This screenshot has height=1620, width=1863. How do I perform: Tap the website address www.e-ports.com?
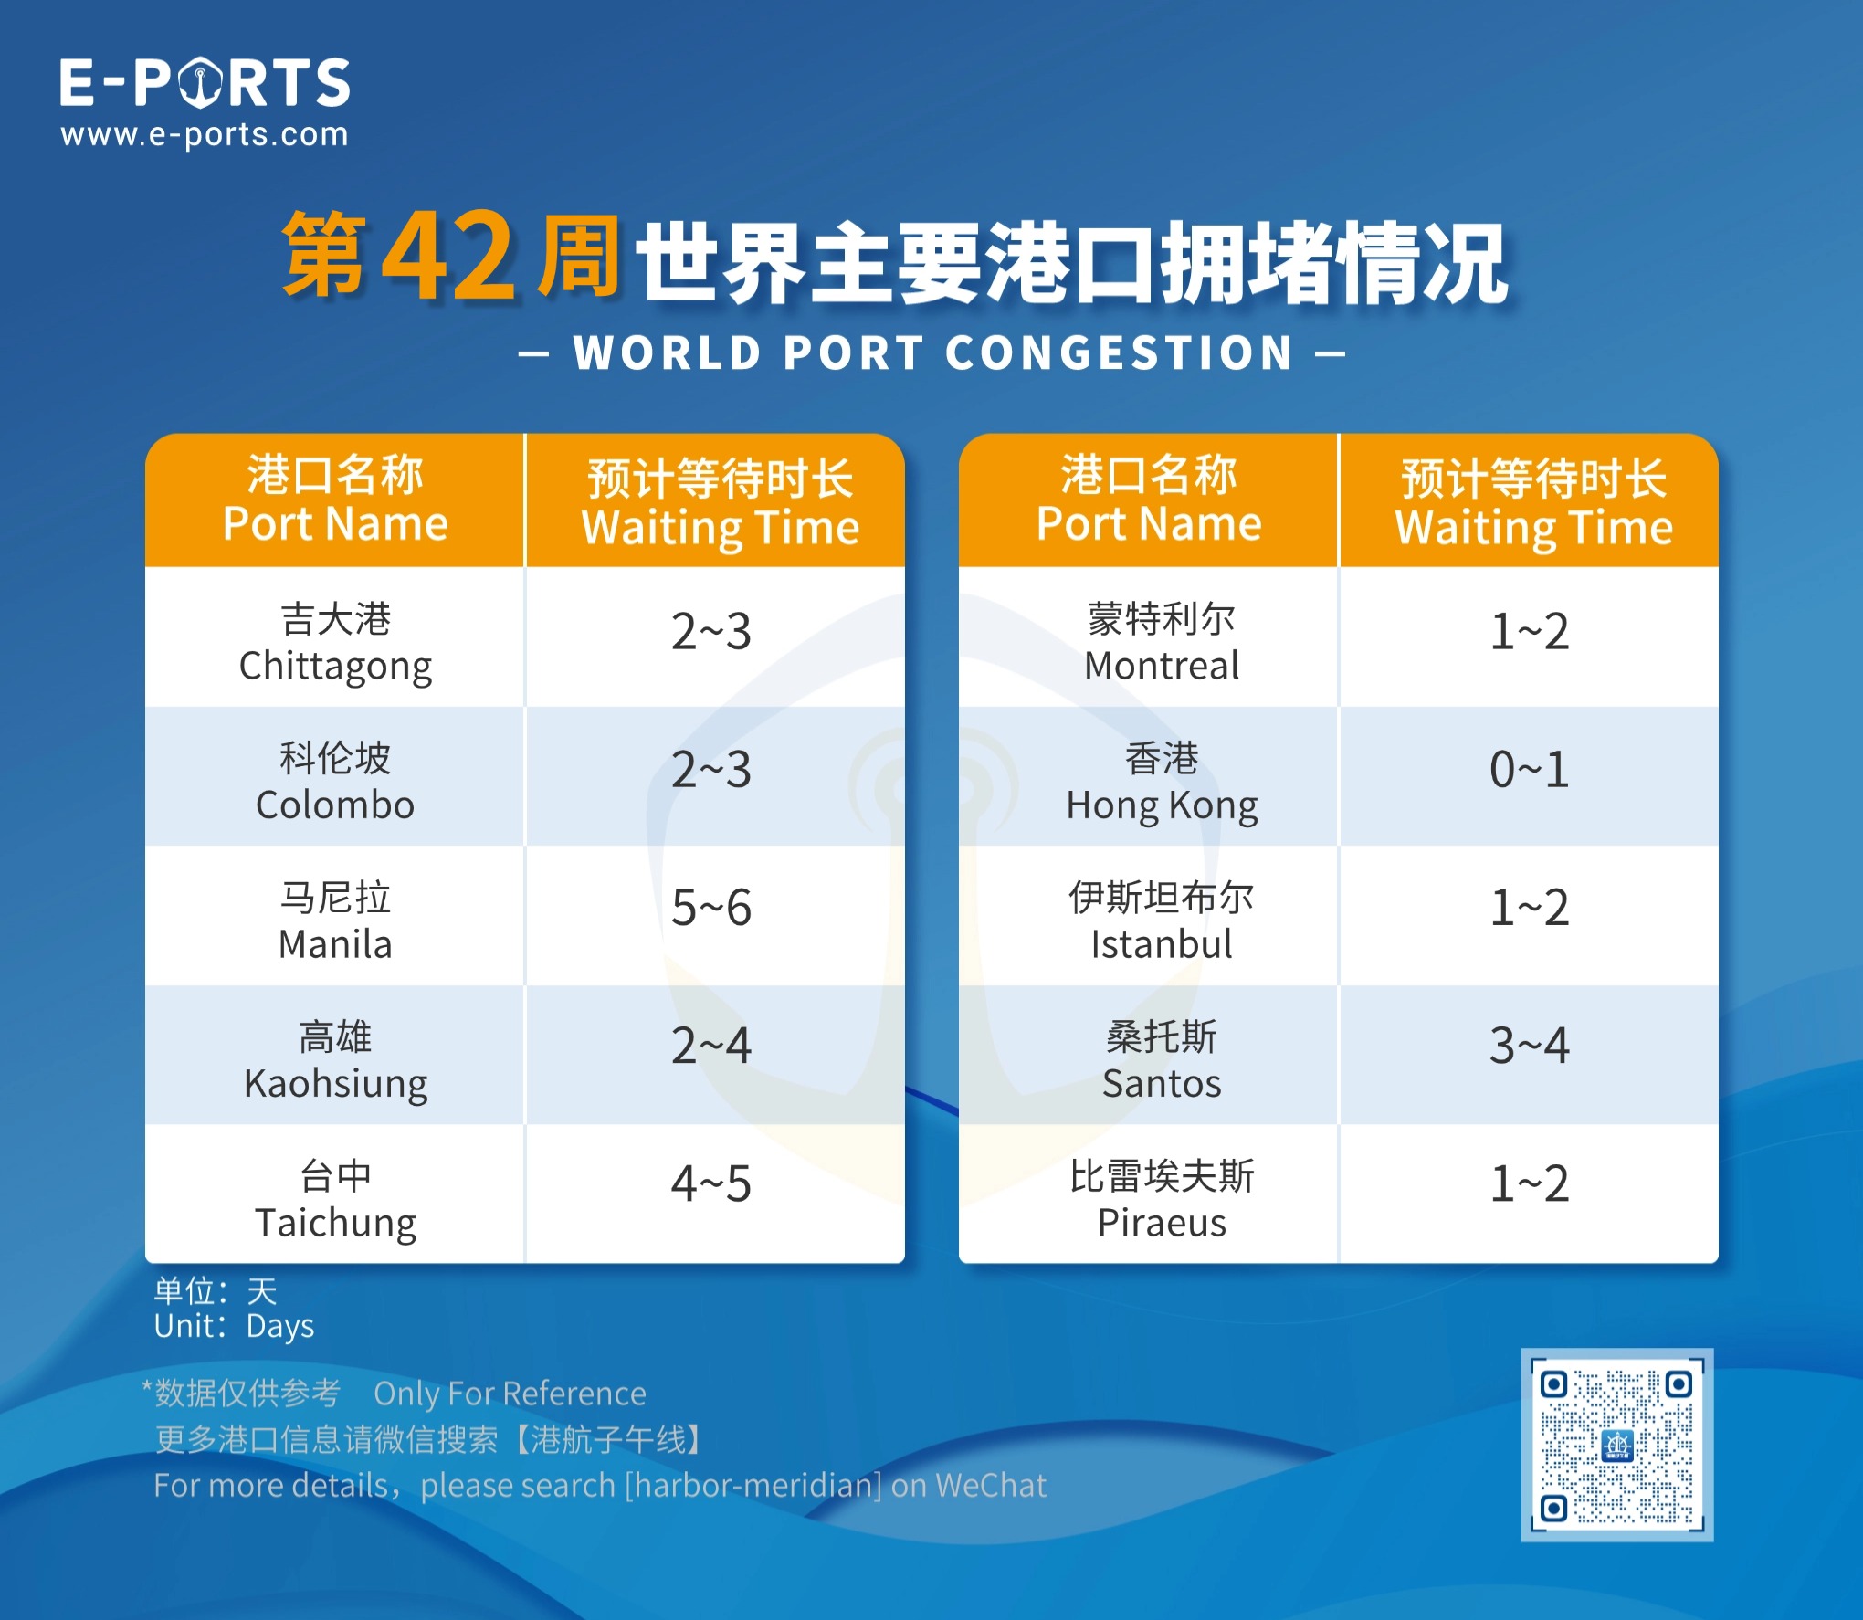(x=205, y=135)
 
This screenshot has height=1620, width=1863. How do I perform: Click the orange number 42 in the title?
(x=448, y=257)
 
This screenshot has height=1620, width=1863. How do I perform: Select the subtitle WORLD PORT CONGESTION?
(x=931, y=353)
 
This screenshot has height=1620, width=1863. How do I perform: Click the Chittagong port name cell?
(x=335, y=642)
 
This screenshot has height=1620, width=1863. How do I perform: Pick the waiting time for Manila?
(x=710, y=908)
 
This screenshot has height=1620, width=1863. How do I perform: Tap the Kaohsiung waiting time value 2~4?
(x=710, y=1046)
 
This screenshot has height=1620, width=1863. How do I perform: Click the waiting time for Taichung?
(x=710, y=1184)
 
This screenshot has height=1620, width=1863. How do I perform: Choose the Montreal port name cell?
(x=1161, y=642)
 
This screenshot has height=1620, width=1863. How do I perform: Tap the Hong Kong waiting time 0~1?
(x=1529, y=770)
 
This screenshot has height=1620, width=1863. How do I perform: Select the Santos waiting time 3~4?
(x=1529, y=1046)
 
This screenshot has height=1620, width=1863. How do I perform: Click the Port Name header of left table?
(x=335, y=500)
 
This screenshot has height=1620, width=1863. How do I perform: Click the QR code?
(x=1616, y=1445)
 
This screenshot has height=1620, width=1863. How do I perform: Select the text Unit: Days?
(x=234, y=1326)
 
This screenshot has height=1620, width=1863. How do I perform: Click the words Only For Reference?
(x=510, y=1394)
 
